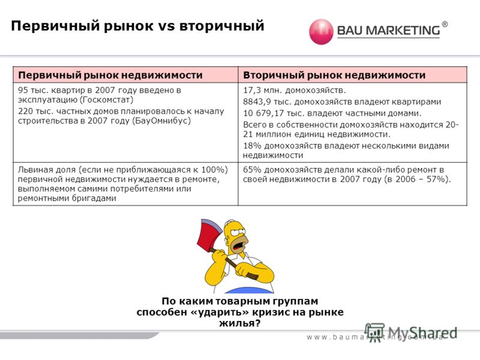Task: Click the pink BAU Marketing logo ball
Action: pos(321,32)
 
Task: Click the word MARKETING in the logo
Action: pos(403,31)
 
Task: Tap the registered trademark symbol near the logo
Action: pos(445,25)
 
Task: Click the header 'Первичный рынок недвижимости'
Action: pos(110,75)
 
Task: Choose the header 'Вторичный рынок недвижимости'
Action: pos(334,75)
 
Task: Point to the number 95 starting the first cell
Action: pos(23,91)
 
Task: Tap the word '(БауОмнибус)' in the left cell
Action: pos(161,121)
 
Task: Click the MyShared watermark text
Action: pos(423,333)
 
